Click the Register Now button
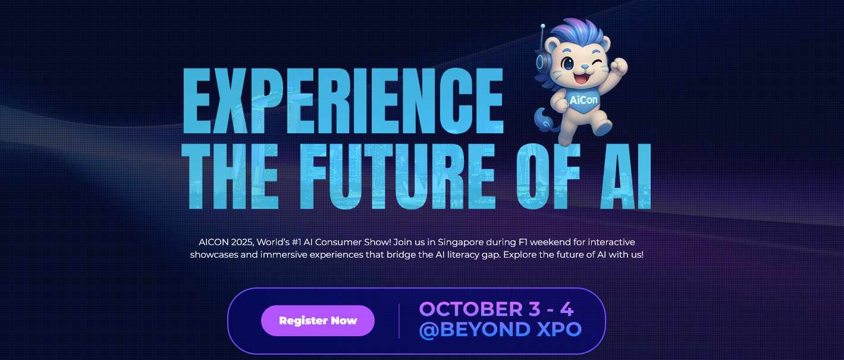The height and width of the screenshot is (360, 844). pyautogui.click(x=318, y=320)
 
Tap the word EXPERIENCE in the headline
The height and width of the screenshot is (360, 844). pyautogui.click(x=343, y=101)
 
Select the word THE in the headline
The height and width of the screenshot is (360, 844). pyautogui.click(x=230, y=176)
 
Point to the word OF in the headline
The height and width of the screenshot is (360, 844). pyautogui.click(x=548, y=176)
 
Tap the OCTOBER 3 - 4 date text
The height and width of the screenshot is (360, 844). pyautogui.click(x=496, y=309)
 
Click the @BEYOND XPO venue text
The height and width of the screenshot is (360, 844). pyautogui.click(x=500, y=330)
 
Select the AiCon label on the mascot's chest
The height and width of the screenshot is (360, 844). pyautogui.click(x=583, y=100)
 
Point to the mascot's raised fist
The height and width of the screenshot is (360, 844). pyautogui.click(x=619, y=66)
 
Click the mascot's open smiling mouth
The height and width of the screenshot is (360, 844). pyautogui.click(x=581, y=79)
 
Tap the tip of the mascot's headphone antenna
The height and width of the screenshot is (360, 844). pyautogui.click(x=542, y=26)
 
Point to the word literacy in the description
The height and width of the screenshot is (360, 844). pyautogui.click(x=463, y=255)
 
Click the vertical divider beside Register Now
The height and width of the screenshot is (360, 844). pyautogui.click(x=399, y=321)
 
